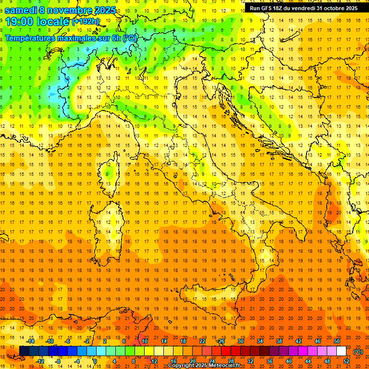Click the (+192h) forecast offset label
point(85,22)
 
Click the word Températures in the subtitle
point(31,38)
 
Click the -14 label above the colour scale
point(31,341)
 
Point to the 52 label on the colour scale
point(346,361)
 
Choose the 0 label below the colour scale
point(96,361)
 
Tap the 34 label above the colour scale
point(260,341)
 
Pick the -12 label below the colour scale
point(40,361)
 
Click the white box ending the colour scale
point(341,351)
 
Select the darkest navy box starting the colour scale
point(24,351)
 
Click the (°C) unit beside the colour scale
point(357,352)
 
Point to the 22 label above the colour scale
point(202,341)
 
